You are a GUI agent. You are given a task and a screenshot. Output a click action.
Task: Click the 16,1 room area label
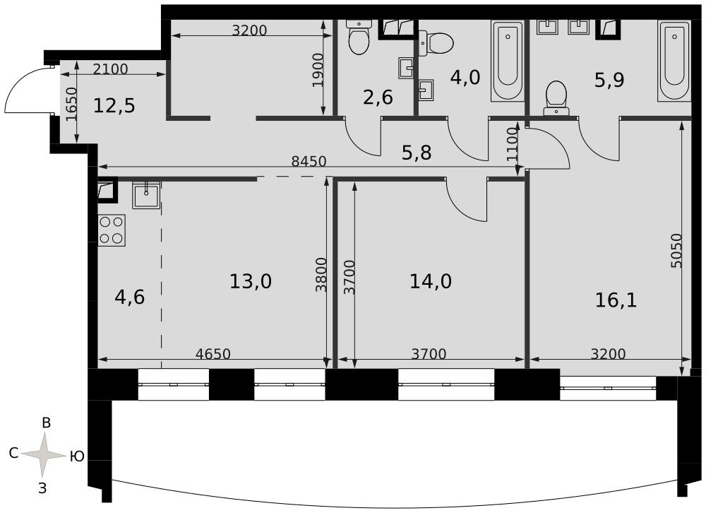tap(616, 300)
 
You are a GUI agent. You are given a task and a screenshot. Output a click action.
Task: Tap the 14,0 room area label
tap(431, 282)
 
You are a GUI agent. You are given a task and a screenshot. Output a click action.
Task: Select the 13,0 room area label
tap(251, 282)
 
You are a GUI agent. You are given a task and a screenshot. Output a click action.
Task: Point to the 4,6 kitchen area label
tap(130, 297)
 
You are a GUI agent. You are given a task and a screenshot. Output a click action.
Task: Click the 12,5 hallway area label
tap(114, 107)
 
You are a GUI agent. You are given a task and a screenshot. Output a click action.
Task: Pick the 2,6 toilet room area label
tap(378, 98)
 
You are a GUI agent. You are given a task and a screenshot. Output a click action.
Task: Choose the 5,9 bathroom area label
tap(610, 81)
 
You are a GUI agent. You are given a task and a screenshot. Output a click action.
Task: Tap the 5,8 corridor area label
tap(417, 153)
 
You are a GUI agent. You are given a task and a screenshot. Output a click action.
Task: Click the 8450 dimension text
tap(309, 161)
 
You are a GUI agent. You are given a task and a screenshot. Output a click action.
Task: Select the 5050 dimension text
tap(676, 251)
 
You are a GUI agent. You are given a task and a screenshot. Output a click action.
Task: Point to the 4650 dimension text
tap(213, 354)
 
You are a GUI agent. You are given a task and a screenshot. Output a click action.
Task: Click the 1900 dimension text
tap(318, 71)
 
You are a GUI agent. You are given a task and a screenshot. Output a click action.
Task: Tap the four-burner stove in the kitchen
tap(112, 230)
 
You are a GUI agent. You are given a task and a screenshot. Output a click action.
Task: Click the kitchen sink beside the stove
tap(146, 195)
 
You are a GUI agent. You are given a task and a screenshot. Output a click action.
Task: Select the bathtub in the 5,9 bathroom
tap(674, 61)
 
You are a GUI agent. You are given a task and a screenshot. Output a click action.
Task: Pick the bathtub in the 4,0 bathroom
tap(508, 61)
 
